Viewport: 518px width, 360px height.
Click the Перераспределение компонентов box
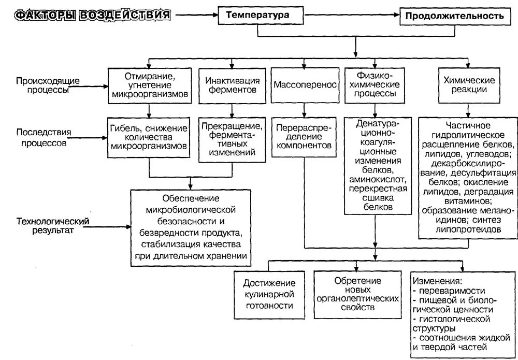tap(305, 137)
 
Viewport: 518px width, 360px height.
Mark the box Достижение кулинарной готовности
tap(270, 294)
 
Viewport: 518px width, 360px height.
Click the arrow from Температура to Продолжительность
tap(352, 16)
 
